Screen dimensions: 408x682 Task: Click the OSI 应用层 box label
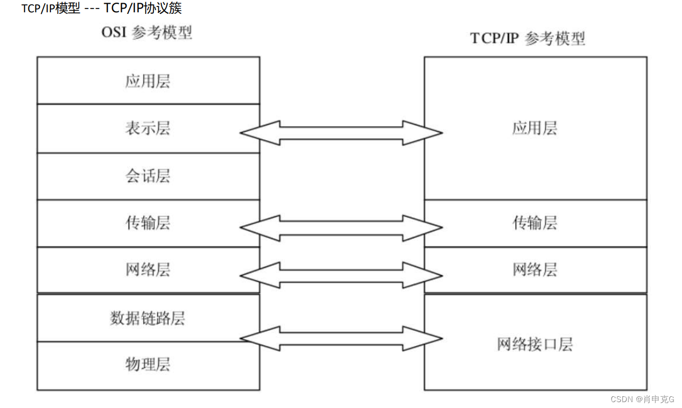(147, 81)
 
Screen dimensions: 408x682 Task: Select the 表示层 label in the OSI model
(147, 129)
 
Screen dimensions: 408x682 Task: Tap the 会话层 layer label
(147, 176)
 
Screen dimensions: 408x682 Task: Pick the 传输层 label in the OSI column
(147, 223)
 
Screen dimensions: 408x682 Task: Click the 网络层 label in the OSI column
(147, 269)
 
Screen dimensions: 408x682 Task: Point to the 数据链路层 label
(147, 318)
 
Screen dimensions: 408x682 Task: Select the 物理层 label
(147, 365)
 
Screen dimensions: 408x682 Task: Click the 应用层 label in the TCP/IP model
(535, 129)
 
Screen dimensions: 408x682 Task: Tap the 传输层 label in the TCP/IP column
(535, 223)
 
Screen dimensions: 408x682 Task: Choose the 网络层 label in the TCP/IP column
(535, 269)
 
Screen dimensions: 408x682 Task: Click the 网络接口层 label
(535, 344)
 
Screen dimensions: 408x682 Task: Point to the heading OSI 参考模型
(146, 33)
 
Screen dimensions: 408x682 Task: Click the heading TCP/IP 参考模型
(528, 39)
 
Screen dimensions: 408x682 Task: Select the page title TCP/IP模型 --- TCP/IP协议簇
(101, 9)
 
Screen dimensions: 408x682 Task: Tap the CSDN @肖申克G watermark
(642, 399)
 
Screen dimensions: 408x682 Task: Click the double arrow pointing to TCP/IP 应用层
(341, 133)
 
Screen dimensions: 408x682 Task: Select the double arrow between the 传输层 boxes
(341, 228)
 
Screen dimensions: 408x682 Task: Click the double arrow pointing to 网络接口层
(341, 338)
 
